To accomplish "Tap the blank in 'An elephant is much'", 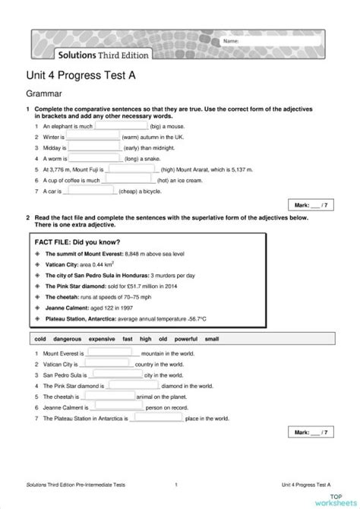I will point(122,126).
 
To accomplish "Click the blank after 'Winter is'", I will point(93,137).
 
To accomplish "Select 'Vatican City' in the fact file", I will point(62,264).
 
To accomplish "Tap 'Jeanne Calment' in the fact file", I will point(66,308).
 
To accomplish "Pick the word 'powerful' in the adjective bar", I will point(186,338).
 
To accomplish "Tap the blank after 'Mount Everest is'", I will point(111,353).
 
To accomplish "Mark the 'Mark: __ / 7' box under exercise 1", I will point(311,204).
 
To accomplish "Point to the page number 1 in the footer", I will point(176,483).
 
